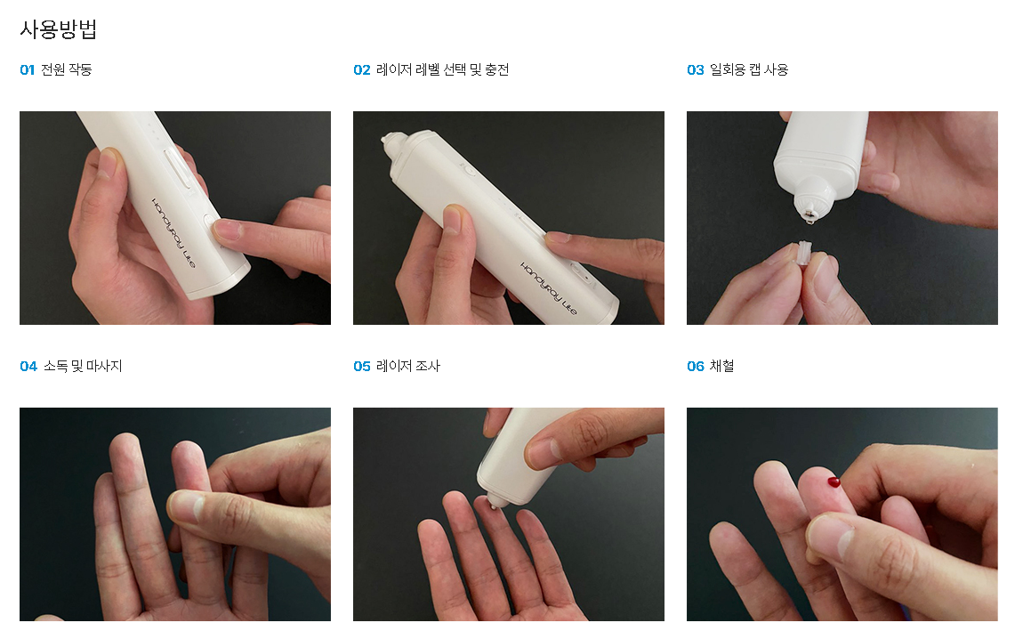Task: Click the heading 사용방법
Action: [x=59, y=29]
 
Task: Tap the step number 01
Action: [x=27, y=69]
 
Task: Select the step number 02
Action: [x=362, y=69]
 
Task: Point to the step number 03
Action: [x=695, y=69]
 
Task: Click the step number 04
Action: [x=28, y=366]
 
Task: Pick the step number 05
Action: [x=362, y=366]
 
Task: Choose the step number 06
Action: [x=695, y=366]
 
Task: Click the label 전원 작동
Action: [x=67, y=69]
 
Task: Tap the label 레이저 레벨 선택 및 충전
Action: [x=442, y=69]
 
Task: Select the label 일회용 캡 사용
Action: [x=749, y=69]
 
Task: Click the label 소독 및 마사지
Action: [x=83, y=366]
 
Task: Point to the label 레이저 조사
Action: [x=407, y=366]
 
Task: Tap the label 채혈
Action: [x=722, y=366]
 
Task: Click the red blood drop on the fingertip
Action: [x=834, y=482]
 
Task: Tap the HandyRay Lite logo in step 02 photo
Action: [x=548, y=288]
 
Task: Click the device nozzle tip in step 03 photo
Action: [x=808, y=214]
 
